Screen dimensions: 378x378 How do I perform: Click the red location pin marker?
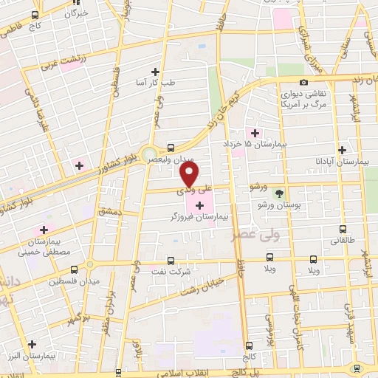click(x=189, y=174)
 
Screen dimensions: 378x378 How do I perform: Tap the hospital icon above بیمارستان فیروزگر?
click(x=199, y=205)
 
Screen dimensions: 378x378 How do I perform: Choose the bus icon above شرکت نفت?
click(x=171, y=260)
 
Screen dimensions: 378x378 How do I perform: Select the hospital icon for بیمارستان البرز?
click(x=32, y=344)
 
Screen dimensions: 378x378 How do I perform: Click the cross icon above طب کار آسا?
click(x=155, y=72)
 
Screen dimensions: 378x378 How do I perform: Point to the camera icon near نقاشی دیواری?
click(x=304, y=83)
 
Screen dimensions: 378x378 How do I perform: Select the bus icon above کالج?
click(x=247, y=344)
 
